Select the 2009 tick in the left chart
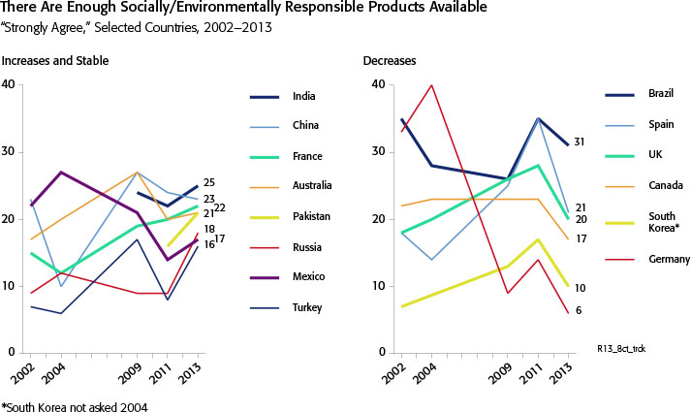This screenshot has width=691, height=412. [x=139, y=373]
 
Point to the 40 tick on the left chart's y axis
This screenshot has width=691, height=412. [x=10, y=84]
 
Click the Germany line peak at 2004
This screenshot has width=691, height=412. [x=431, y=84]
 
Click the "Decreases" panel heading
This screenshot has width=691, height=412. [x=390, y=61]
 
